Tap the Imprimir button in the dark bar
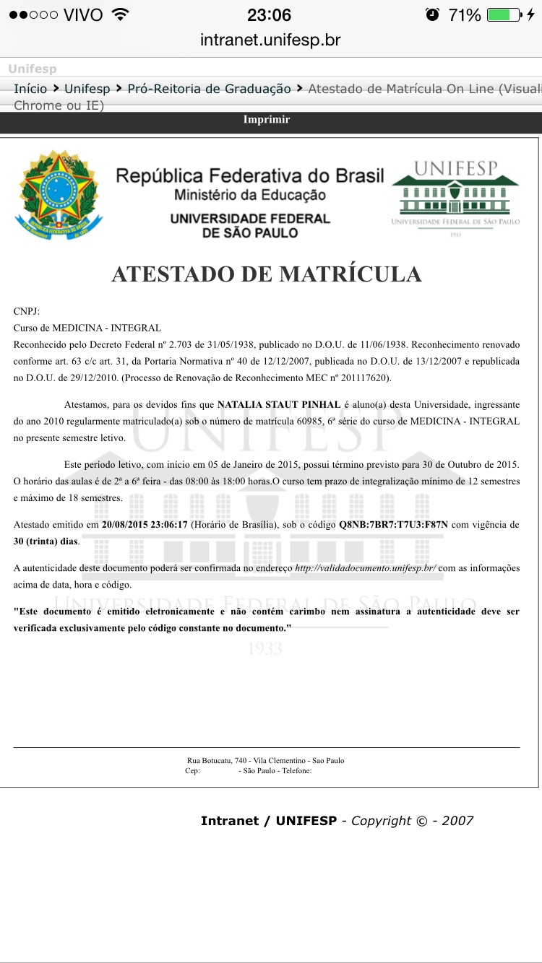267,120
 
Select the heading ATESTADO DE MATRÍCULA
267,274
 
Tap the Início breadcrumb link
30,89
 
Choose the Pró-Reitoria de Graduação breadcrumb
209,89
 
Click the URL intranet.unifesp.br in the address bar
270,40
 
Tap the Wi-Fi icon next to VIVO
121,14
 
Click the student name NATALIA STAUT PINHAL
279,404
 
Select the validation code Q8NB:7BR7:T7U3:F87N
394,525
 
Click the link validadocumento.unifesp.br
365,568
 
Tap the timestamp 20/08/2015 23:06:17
145,525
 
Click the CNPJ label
27,311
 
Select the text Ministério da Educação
250,195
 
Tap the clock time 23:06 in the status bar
269,14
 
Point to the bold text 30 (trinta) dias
46,541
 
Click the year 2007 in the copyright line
457,821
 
